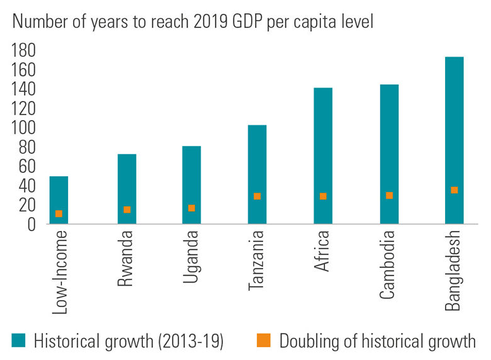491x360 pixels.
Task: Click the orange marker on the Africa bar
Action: (323, 196)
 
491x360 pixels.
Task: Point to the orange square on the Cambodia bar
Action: (389, 196)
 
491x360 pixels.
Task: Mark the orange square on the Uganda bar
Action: (191, 208)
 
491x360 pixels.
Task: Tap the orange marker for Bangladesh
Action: (454, 190)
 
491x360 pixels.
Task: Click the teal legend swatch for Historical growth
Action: (19, 340)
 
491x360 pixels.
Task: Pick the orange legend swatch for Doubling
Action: (264, 340)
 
